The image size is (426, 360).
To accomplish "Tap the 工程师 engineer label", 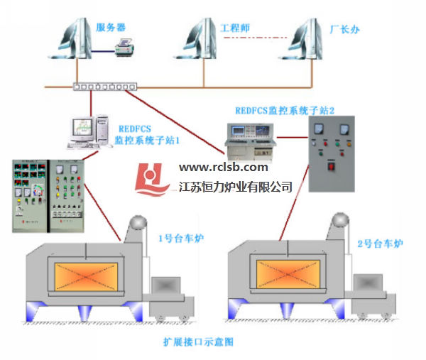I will click(236, 28).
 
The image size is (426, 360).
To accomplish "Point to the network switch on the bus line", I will click(104, 87).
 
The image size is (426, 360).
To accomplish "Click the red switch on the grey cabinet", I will click(329, 168).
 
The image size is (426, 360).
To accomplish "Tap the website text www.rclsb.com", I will click(224, 168).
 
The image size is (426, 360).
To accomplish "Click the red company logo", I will click(153, 180).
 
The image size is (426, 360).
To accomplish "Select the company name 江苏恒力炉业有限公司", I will click(236, 186).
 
